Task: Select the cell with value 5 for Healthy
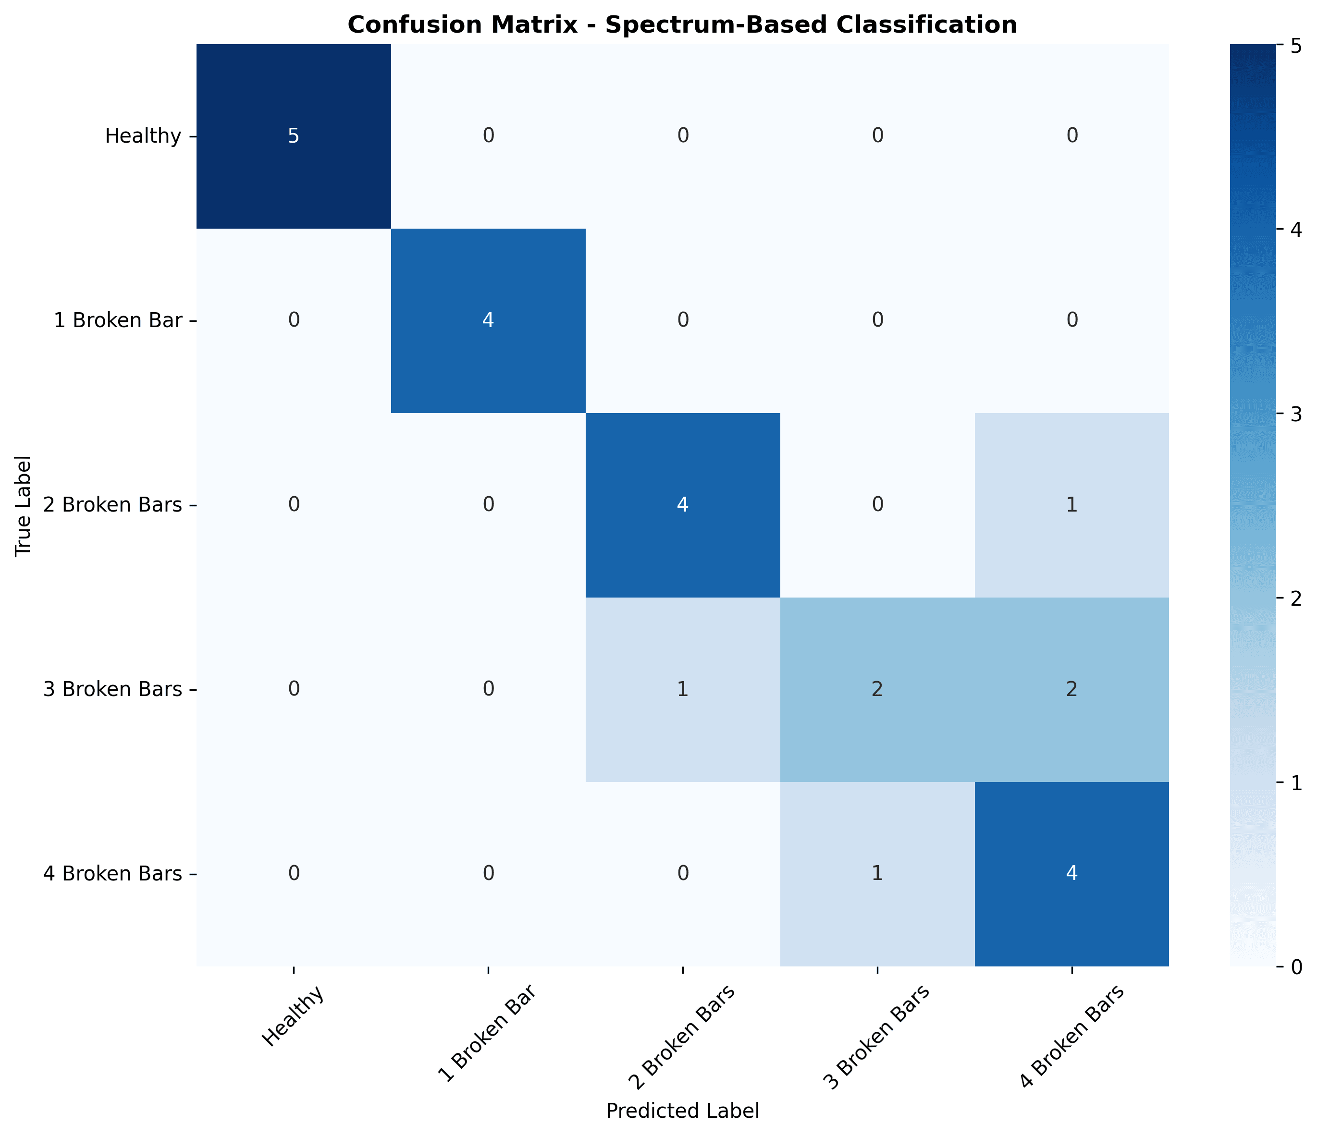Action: pyautogui.click(x=293, y=136)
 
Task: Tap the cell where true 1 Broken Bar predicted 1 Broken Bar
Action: pyautogui.click(x=488, y=320)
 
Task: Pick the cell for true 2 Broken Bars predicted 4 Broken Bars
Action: pyautogui.click(x=1071, y=505)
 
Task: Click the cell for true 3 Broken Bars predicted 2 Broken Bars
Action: pyautogui.click(x=682, y=689)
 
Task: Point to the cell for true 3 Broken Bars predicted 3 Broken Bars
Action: pyautogui.click(x=876, y=689)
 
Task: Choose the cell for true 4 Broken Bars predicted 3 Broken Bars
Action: pyautogui.click(x=876, y=874)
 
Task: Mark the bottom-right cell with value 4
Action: pyautogui.click(x=1071, y=874)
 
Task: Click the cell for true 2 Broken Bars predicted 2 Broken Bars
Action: pyautogui.click(x=682, y=505)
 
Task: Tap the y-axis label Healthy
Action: pyautogui.click(x=144, y=136)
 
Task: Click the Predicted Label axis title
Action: pyautogui.click(x=682, y=1111)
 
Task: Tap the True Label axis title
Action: pyautogui.click(x=24, y=505)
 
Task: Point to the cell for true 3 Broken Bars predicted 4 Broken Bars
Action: pyautogui.click(x=1071, y=689)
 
